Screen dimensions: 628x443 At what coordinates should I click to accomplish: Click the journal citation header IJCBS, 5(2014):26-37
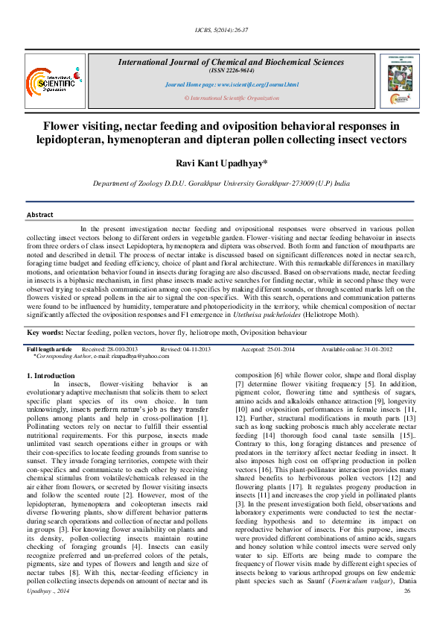(x=221, y=30)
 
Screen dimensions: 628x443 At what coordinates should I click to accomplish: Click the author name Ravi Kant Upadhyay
(x=221, y=163)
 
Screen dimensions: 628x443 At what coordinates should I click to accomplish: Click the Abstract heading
(x=40, y=215)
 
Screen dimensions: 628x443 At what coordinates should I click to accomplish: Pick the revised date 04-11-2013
(x=198, y=349)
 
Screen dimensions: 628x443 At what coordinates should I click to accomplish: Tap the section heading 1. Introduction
(x=50, y=375)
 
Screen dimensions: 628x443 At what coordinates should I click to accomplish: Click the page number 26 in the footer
(x=407, y=612)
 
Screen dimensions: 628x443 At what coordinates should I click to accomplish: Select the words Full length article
(x=50, y=349)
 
